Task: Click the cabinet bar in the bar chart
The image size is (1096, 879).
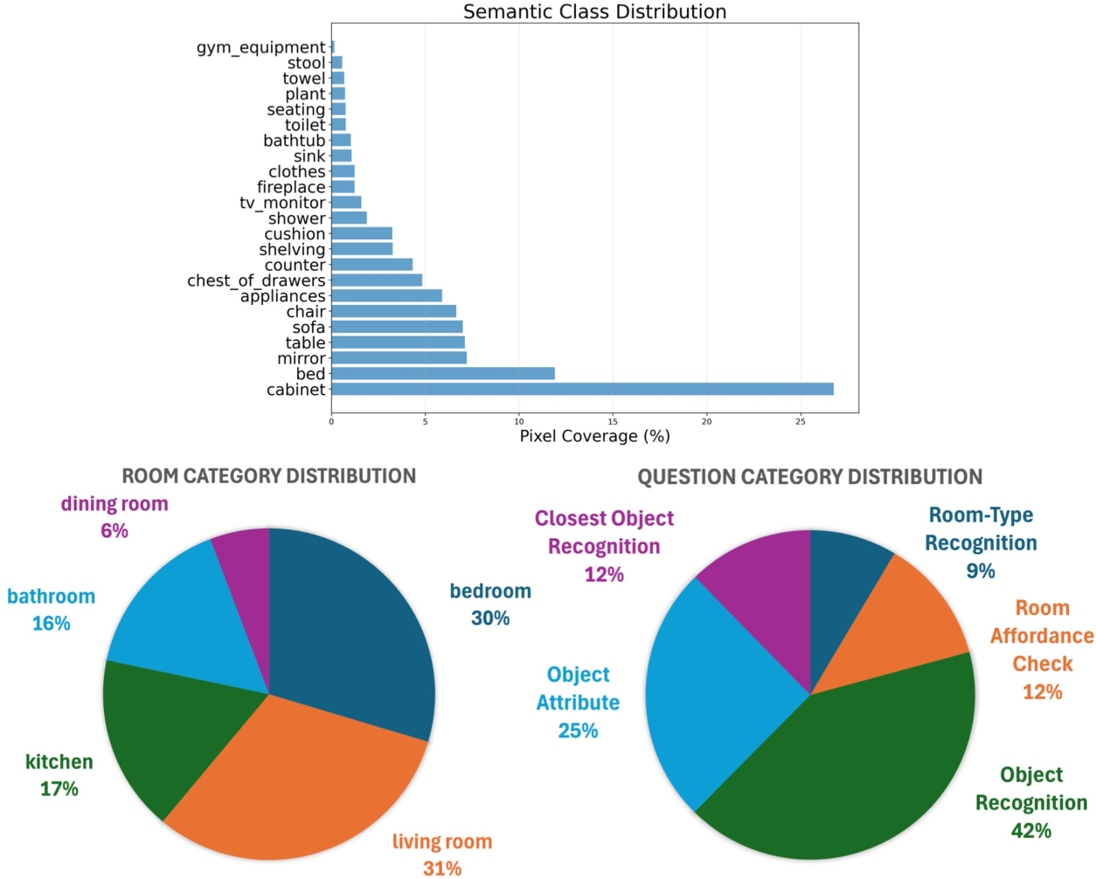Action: click(x=582, y=389)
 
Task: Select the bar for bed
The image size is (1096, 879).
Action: click(x=442, y=374)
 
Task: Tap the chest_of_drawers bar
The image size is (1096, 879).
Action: click(x=376, y=280)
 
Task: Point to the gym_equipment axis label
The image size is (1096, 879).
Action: click(x=260, y=47)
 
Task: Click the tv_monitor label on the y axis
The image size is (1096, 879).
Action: click(x=282, y=203)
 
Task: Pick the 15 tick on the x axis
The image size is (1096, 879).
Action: click(x=613, y=421)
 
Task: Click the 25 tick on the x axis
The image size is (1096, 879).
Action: click(x=801, y=421)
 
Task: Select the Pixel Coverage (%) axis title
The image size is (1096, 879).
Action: click(x=594, y=436)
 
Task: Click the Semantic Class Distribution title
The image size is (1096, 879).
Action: click(x=594, y=11)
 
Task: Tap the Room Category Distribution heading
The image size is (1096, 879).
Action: click(x=268, y=476)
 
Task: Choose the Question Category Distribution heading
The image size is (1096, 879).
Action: click(x=809, y=477)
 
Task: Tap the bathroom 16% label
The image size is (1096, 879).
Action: click(x=51, y=610)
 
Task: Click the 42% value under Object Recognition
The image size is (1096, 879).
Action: click(x=1031, y=831)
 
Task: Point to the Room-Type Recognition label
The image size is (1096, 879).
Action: click(x=981, y=529)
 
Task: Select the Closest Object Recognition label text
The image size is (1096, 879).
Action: click(x=604, y=532)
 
